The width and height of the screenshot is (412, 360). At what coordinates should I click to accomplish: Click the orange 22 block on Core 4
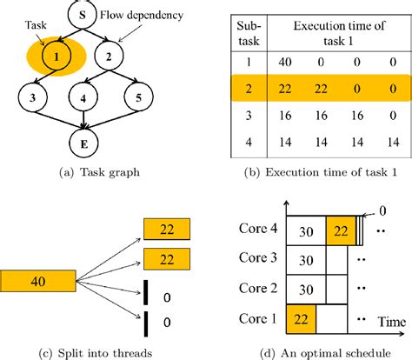[x=340, y=231]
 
